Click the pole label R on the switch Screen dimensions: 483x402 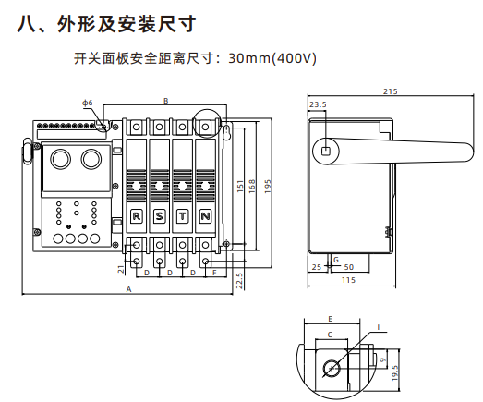coord(136,216)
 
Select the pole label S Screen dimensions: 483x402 coord(159,216)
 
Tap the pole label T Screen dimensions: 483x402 coord(182,216)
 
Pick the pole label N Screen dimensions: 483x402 coord(205,216)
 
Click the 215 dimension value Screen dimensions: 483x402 coord(391,91)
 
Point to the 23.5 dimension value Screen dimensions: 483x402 coord(318,104)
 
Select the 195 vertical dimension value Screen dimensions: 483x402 coord(268,187)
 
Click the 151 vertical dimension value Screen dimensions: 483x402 coord(240,187)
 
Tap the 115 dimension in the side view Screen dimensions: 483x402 coord(348,280)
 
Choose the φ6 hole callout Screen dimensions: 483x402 coord(88,103)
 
